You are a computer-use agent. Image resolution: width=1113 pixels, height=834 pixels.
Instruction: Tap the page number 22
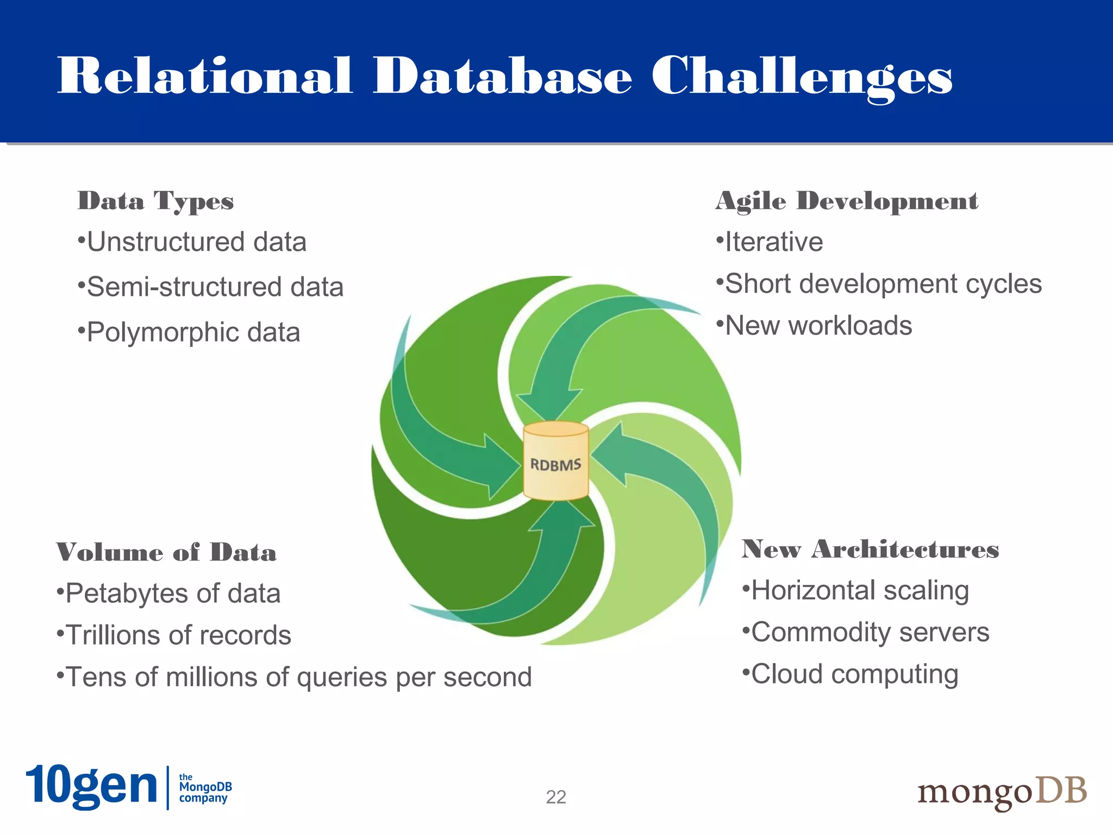click(x=556, y=797)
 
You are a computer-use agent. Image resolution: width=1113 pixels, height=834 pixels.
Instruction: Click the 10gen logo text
click(x=91, y=786)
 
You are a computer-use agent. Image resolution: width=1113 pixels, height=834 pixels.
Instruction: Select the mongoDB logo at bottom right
click(x=1002, y=792)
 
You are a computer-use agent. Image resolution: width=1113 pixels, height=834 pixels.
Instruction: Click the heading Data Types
click(x=155, y=201)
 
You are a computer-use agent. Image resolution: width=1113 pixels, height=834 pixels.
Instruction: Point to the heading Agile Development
click(x=847, y=201)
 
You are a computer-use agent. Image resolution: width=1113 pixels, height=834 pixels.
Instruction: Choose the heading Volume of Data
click(x=166, y=552)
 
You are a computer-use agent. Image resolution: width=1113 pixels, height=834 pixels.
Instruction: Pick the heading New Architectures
click(x=870, y=549)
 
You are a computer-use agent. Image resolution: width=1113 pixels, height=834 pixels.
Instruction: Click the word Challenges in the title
click(x=802, y=77)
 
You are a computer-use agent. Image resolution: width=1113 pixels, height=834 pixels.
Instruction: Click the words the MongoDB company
click(x=205, y=787)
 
